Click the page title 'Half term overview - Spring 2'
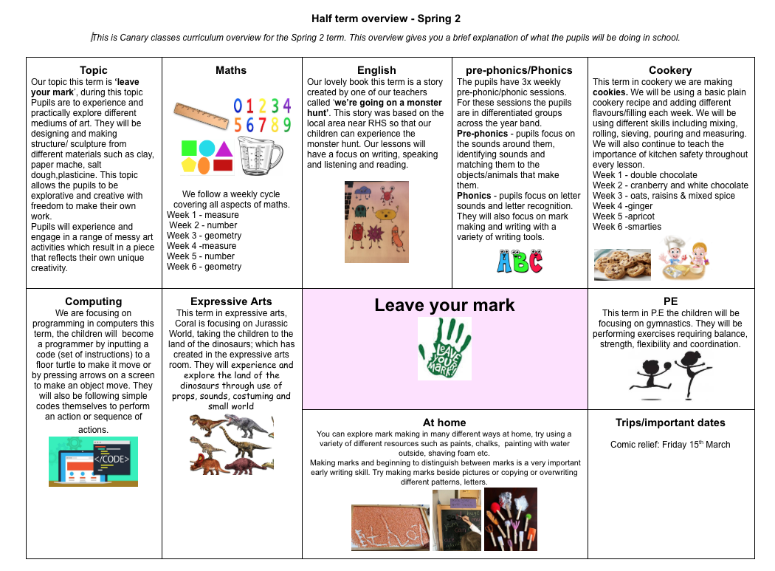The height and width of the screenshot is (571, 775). click(x=386, y=18)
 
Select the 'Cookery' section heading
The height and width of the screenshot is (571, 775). click(x=670, y=70)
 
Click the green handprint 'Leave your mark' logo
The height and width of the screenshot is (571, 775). click(x=444, y=348)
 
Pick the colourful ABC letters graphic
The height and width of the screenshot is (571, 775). click(x=520, y=260)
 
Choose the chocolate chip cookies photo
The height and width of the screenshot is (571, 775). click(x=622, y=264)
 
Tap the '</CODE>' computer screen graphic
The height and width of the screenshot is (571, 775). click(x=93, y=460)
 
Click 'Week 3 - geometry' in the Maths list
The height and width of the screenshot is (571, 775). click(x=204, y=236)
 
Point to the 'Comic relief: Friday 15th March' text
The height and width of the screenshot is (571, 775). click(x=670, y=445)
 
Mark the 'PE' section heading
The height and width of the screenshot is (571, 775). click(x=670, y=301)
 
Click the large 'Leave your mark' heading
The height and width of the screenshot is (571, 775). click(x=444, y=305)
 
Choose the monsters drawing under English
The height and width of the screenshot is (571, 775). click(x=376, y=222)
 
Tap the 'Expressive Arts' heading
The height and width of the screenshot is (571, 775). click(x=231, y=301)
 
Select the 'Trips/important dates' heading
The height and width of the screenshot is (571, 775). click(x=670, y=423)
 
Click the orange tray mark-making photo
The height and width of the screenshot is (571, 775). click(x=390, y=527)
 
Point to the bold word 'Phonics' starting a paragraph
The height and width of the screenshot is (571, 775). click(x=474, y=196)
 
